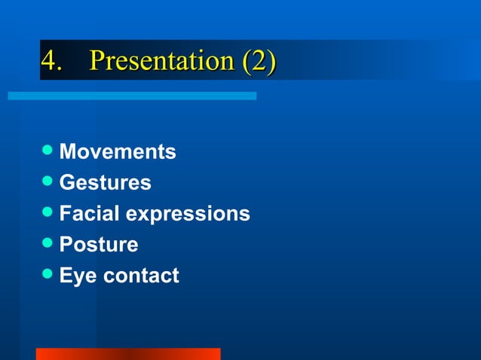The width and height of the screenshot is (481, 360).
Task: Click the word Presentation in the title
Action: point(162,60)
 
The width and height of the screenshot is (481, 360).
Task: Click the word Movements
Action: point(118,152)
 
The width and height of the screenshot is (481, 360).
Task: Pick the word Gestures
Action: point(105,183)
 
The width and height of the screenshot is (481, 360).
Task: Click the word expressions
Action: point(188,215)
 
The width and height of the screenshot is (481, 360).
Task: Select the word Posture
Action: point(99,245)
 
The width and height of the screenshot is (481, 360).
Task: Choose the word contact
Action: point(141,276)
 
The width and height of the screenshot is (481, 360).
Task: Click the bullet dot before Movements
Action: point(48,151)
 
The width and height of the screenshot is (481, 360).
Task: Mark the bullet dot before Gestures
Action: point(48,182)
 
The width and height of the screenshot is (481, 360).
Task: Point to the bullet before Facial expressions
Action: point(48,213)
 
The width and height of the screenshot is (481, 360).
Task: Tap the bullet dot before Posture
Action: point(48,244)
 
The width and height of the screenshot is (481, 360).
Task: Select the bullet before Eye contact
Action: point(48,275)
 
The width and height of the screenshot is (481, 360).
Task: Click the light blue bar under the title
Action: point(132,96)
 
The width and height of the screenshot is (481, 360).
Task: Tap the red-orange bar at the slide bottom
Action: point(128,354)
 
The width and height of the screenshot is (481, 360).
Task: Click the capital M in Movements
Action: point(68,152)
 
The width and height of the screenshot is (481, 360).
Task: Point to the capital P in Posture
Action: point(66,245)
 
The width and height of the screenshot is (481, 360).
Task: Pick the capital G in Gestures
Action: point(66,183)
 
